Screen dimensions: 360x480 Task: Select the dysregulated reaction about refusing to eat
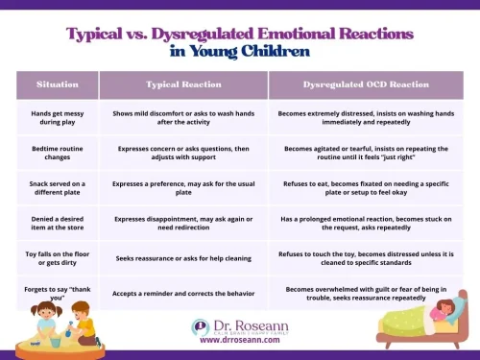pyautogui.click(x=366, y=188)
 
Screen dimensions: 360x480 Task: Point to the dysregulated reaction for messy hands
pyautogui.click(x=366, y=116)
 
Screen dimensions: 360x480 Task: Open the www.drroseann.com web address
pyautogui.click(x=240, y=340)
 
